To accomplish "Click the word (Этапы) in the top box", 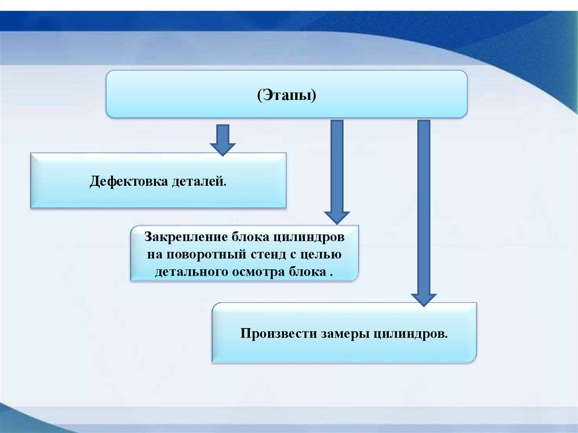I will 287,95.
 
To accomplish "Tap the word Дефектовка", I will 128,182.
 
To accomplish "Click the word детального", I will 190,272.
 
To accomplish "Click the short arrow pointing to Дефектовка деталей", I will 222,139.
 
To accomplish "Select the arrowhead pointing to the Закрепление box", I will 336,216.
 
